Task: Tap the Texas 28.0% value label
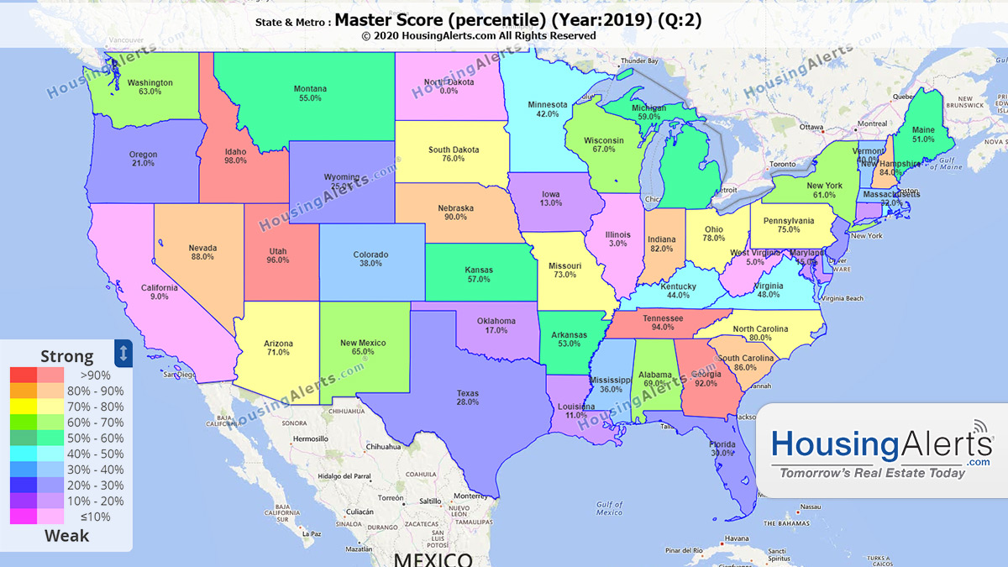pyautogui.click(x=467, y=398)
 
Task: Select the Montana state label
pyautogui.click(x=310, y=93)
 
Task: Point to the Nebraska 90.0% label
pyautogui.click(x=455, y=213)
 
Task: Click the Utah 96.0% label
pyautogui.click(x=277, y=255)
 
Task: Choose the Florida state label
pyautogui.click(x=723, y=449)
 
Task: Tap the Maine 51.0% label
pyautogui.click(x=922, y=134)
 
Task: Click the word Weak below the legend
pyautogui.click(x=66, y=536)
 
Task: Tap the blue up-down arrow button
pyautogui.click(x=123, y=353)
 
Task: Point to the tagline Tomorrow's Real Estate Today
pyautogui.click(x=873, y=473)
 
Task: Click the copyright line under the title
pyautogui.click(x=479, y=36)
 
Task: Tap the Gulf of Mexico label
pyautogui.click(x=609, y=507)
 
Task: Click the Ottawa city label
pyautogui.click(x=811, y=127)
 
